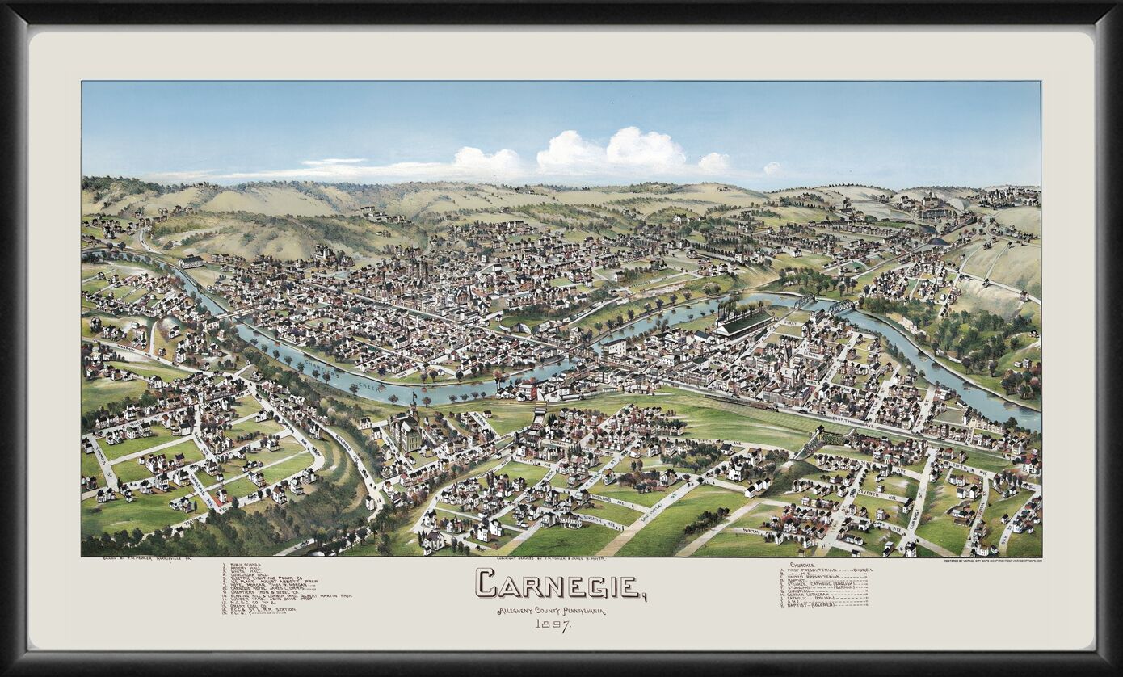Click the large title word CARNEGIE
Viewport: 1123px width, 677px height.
pyautogui.click(x=560, y=583)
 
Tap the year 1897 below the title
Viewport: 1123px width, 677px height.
pyautogui.click(x=553, y=624)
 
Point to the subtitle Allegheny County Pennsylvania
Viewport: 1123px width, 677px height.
pyautogui.click(x=552, y=611)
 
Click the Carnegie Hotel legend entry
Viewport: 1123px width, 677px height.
pyautogui.click(x=259, y=588)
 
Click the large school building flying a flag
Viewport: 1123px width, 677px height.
pyautogui.click(x=406, y=432)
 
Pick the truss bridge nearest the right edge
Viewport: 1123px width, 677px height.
pyautogui.click(x=840, y=308)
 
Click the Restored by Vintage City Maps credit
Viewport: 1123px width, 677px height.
pyautogui.click(x=992, y=560)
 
